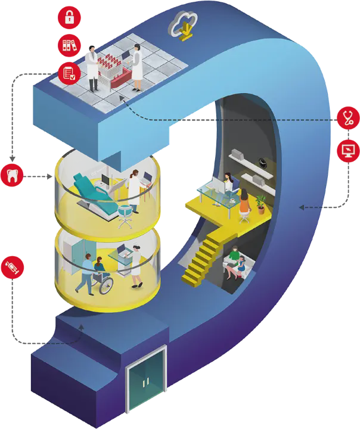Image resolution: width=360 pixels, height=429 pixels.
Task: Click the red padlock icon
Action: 69,18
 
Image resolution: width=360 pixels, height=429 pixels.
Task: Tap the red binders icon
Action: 69,45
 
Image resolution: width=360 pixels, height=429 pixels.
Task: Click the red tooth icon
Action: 13,176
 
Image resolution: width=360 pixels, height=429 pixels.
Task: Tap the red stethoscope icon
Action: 347,117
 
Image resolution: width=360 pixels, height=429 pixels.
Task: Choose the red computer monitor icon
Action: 347,151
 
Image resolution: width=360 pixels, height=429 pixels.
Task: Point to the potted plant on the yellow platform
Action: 260,204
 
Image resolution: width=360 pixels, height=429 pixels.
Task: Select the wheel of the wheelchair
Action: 105,285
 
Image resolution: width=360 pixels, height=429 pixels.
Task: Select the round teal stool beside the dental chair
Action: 125,213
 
